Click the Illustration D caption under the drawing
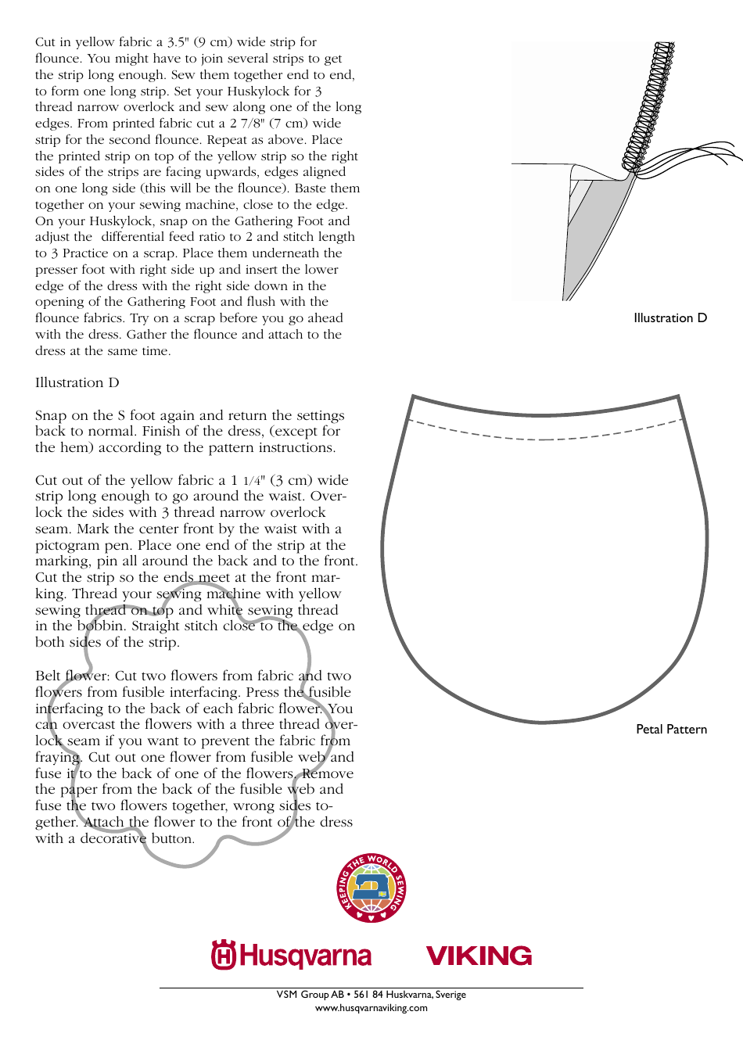point(669,318)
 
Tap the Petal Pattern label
point(671,730)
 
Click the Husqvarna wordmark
point(305,956)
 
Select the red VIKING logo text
point(479,956)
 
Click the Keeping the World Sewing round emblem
point(371,888)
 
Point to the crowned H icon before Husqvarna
point(224,955)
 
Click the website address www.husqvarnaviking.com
point(371,1008)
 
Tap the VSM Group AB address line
point(371,995)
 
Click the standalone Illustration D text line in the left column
point(77,383)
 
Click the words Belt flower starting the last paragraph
point(71,676)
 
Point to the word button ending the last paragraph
point(171,839)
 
